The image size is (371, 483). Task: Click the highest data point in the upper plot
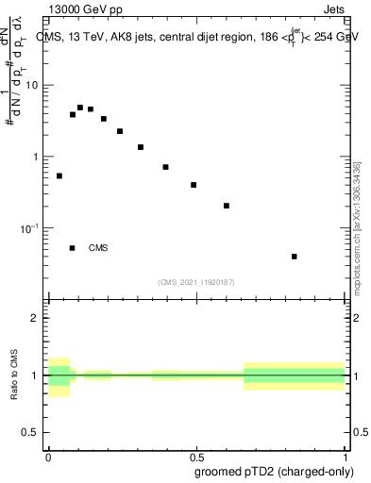point(80,108)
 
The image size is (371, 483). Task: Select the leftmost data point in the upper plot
point(59,175)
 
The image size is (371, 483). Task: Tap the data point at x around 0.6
point(227,206)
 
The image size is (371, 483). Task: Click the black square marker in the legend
point(73,248)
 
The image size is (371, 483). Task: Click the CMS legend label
point(98,248)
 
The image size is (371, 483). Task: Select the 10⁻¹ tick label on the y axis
point(32,228)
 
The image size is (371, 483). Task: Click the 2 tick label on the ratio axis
point(37,318)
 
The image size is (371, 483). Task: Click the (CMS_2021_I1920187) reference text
point(196,281)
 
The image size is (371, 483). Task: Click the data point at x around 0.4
point(165,167)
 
